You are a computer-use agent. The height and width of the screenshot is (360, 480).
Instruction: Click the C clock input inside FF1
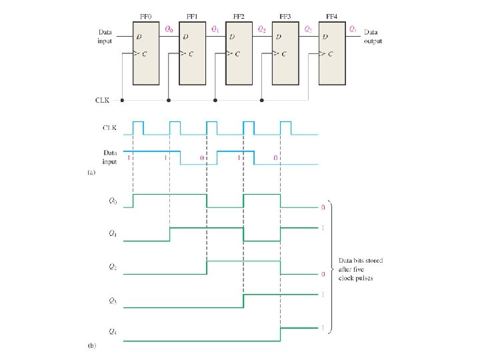pyautogui.click(x=192, y=53)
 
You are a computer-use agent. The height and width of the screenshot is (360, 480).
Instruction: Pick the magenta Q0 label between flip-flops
pyautogui.click(x=168, y=29)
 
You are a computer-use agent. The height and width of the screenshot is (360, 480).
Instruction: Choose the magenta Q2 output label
pyautogui.click(x=261, y=29)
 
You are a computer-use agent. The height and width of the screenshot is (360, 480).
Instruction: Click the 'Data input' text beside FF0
pyautogui.click(x=106, y=36)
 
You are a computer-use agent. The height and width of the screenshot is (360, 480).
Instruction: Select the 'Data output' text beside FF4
pyautogui.click(x=373, y=36)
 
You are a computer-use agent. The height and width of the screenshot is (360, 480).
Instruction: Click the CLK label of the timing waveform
pyautogui.click(x=111, y=127)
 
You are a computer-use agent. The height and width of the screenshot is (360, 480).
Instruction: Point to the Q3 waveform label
pyautogui.click(x=113, y=301)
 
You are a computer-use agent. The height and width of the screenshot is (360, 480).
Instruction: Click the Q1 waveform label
pyautogui.click(x=113, y=233)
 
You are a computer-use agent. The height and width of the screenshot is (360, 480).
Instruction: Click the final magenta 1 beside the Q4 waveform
pyautogui.click(x=322, y=328)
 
